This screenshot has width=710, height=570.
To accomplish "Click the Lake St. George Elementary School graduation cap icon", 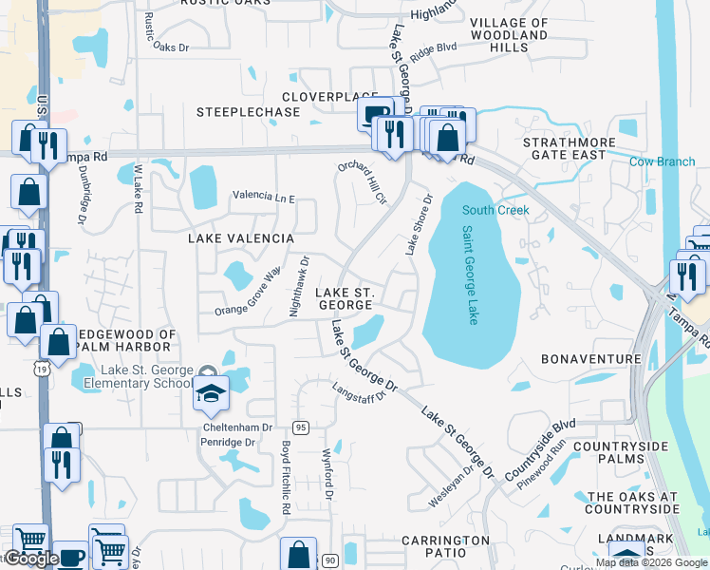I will pyautogui.click(x=211, y=393).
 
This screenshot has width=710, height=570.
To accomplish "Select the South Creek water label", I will pyautogui.click(x=495, y=209).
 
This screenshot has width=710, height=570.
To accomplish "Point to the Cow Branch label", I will pyautogui.click(x=662, y=161).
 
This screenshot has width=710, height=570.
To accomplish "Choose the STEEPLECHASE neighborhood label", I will pyautogui.click(x=248, y=112).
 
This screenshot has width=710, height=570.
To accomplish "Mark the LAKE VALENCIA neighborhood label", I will pyautogui.click(x=240, y=237).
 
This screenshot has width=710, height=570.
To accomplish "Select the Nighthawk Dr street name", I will pyautogui.click(x=298, y=286).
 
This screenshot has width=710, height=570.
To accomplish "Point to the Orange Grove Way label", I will pyautogui.click(x=248, y=292).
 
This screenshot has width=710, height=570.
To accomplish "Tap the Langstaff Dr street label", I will pyautogui.click(x=362, y=391).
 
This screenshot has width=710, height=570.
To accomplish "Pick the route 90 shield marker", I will pyautogui.click(x=329, y=560).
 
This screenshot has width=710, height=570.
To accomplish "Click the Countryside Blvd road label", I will pyautogui.click(x=540, y=450).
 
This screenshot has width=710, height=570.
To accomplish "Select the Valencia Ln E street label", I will pyautogui.click(x=264, y=199).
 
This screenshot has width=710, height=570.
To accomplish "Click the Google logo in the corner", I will pyautogui.click(x=30, y=560).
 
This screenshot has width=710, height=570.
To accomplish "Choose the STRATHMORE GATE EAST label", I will pyautogui.click(x=564, y=148).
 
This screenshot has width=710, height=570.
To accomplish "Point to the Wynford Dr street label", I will pyautogui.click(x=327, y=475).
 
